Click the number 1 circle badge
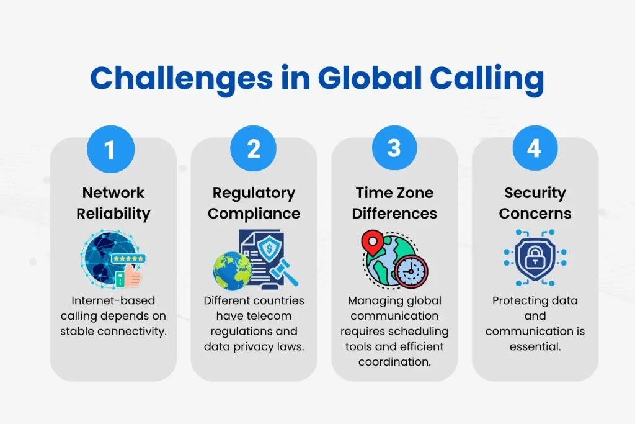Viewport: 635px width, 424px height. click(110, 150)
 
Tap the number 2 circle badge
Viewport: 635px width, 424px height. click(252, 150)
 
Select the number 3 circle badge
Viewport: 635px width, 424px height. click(394, 149)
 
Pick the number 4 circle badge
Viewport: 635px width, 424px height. click(535, 149)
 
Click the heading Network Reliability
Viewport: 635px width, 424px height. click(113, 203)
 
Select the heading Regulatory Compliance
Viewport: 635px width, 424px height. click(254, 203)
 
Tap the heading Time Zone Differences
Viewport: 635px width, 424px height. click(394, 203)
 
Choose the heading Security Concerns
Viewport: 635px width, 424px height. click(535, 203)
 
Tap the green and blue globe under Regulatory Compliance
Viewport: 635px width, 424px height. click(232, 271)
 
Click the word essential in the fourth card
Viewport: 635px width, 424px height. click(535, 346)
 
